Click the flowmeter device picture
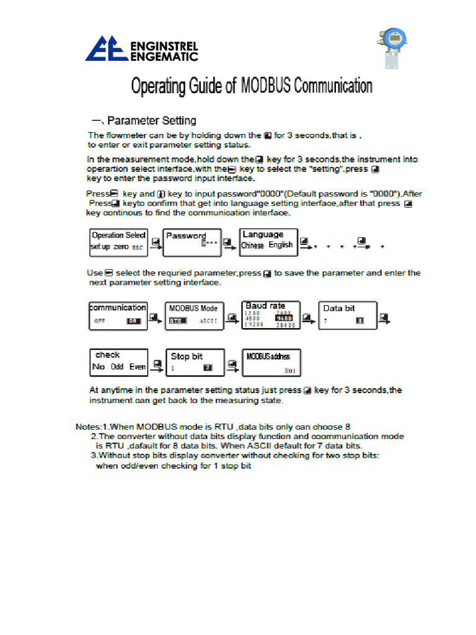[392, 47]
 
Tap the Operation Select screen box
[118, 241]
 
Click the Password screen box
[192, 241]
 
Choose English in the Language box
[280, 245]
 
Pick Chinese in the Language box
[252, 245]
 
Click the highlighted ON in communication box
[133, 321]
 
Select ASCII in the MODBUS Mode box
[208, 321]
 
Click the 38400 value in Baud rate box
[286, 324]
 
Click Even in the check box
[138, 367]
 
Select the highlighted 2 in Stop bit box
[208, 368]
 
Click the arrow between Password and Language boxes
[231, 243]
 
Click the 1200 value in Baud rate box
[253, 313]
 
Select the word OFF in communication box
[100, 321]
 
